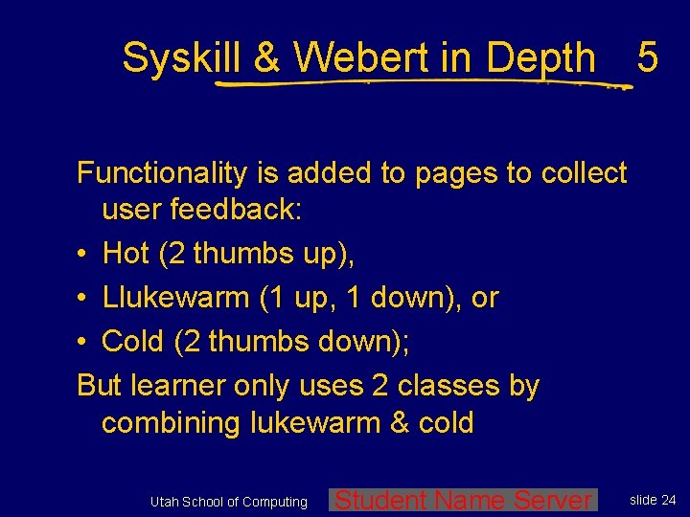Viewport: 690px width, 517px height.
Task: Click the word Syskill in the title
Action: [183, 59]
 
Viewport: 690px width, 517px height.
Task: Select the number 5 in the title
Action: [647, 59]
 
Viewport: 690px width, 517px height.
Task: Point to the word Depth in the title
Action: [540, 59]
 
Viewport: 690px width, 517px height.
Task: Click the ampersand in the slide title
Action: [267, 59]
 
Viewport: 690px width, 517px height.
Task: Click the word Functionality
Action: [160, 173]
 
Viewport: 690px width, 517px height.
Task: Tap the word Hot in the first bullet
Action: [126, 254]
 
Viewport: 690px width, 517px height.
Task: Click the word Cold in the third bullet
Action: [132, 341]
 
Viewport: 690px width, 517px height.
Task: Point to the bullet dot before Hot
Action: [83, 255]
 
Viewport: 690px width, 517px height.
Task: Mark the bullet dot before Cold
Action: [83, 342]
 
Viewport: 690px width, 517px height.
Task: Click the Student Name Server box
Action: [463, 500]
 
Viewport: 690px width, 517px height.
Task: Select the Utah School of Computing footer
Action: [229, 502]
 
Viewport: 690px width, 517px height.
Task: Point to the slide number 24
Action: [667, 500]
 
